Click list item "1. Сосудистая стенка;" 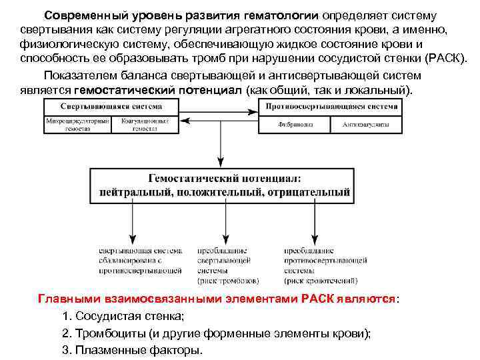pos(122,315)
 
